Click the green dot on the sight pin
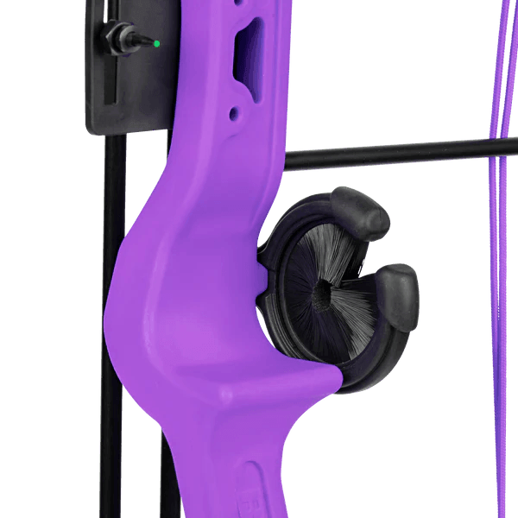click(x=156, y=41)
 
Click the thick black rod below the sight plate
click(x=110, y=259)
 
